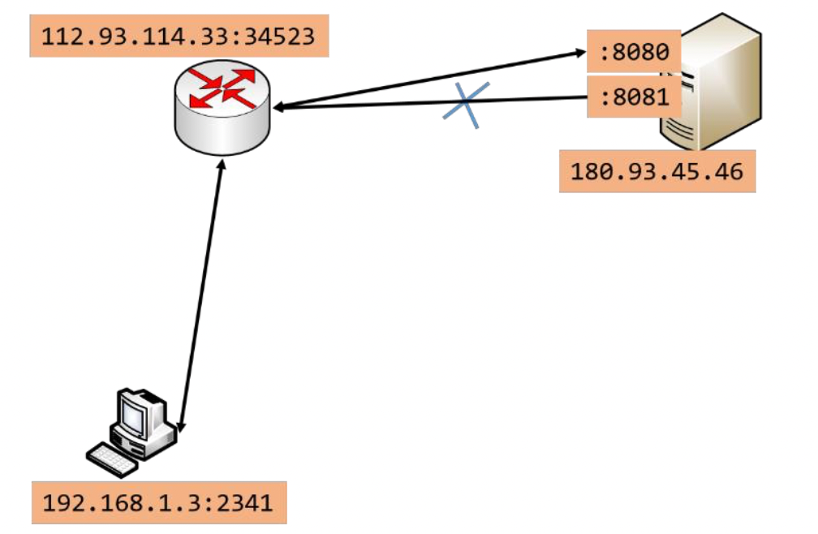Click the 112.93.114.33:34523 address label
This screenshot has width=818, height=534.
(179, 37)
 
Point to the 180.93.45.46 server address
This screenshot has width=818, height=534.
(657, 172)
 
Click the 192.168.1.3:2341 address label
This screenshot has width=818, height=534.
(157, 503)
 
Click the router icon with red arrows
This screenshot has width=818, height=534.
(222, 109)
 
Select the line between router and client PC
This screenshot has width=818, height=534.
(200, 296)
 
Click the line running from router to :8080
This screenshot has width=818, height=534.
(430, 80)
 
